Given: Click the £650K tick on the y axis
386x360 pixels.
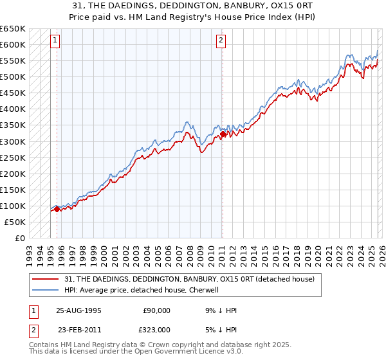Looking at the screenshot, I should point(13,29).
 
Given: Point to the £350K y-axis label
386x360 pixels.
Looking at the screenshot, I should point(13,125).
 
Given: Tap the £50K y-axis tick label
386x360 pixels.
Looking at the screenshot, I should point(15,222).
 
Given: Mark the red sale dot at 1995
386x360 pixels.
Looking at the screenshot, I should point(57,208).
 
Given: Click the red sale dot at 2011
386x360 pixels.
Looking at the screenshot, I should point(222,134).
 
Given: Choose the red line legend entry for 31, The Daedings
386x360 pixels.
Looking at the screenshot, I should point(189,279).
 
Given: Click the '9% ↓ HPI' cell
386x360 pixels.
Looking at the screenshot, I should point(219,310).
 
